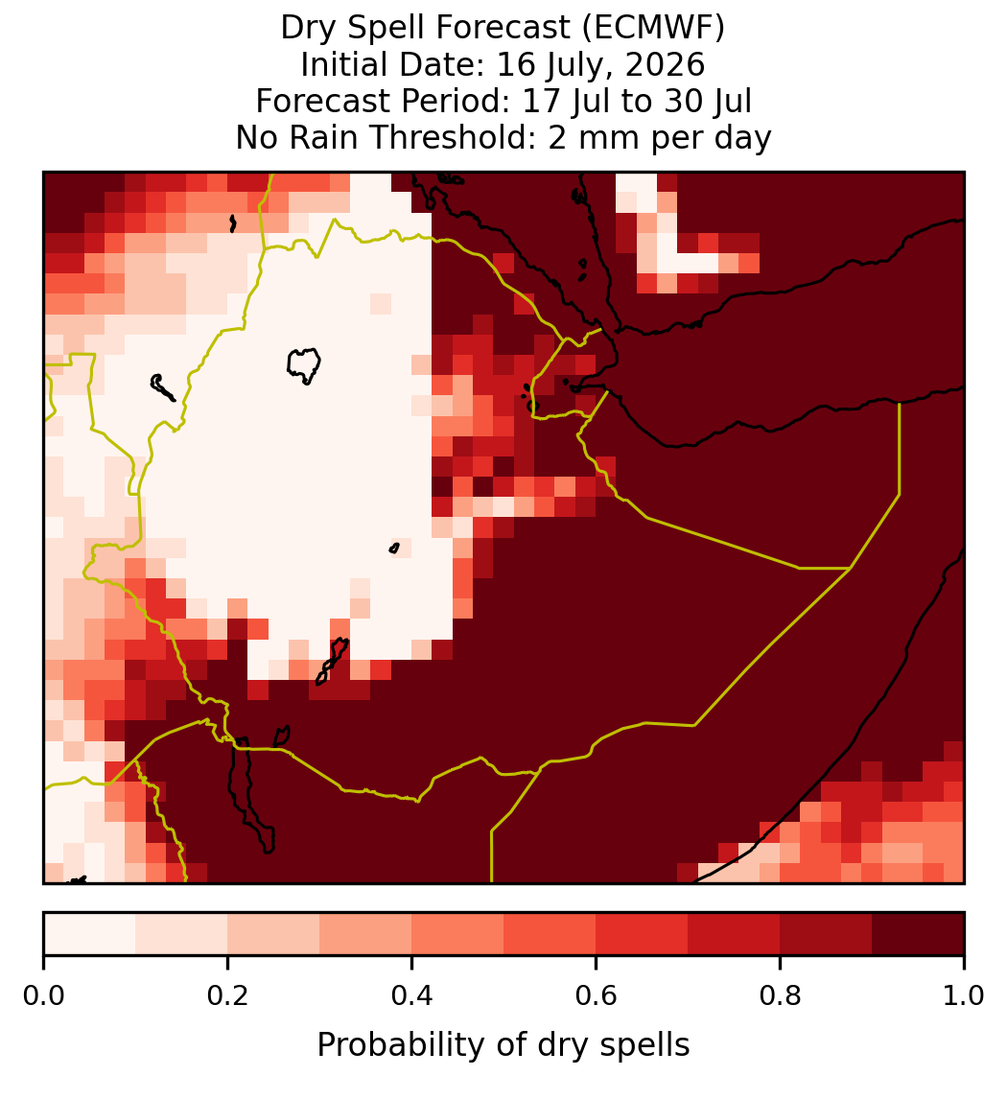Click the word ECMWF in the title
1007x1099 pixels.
click(648, 29)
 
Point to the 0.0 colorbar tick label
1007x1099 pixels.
click(43, 996)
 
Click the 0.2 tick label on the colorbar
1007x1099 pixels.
click(227, 996)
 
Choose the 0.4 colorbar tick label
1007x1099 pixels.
click(411, 996)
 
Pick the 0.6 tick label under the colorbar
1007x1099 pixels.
click(596, 996)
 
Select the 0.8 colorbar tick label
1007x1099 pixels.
click(780, 996)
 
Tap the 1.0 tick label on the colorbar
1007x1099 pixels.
click(964, 996)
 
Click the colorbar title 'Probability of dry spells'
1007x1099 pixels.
click(503, 1045)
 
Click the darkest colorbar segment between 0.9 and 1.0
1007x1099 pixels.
click(918, 934)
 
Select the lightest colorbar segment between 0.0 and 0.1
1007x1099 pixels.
click(90, 934)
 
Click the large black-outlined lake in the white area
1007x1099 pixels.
click(303, 365)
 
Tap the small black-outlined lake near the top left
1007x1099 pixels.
click(233, 223)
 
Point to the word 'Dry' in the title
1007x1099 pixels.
click(308, 29)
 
